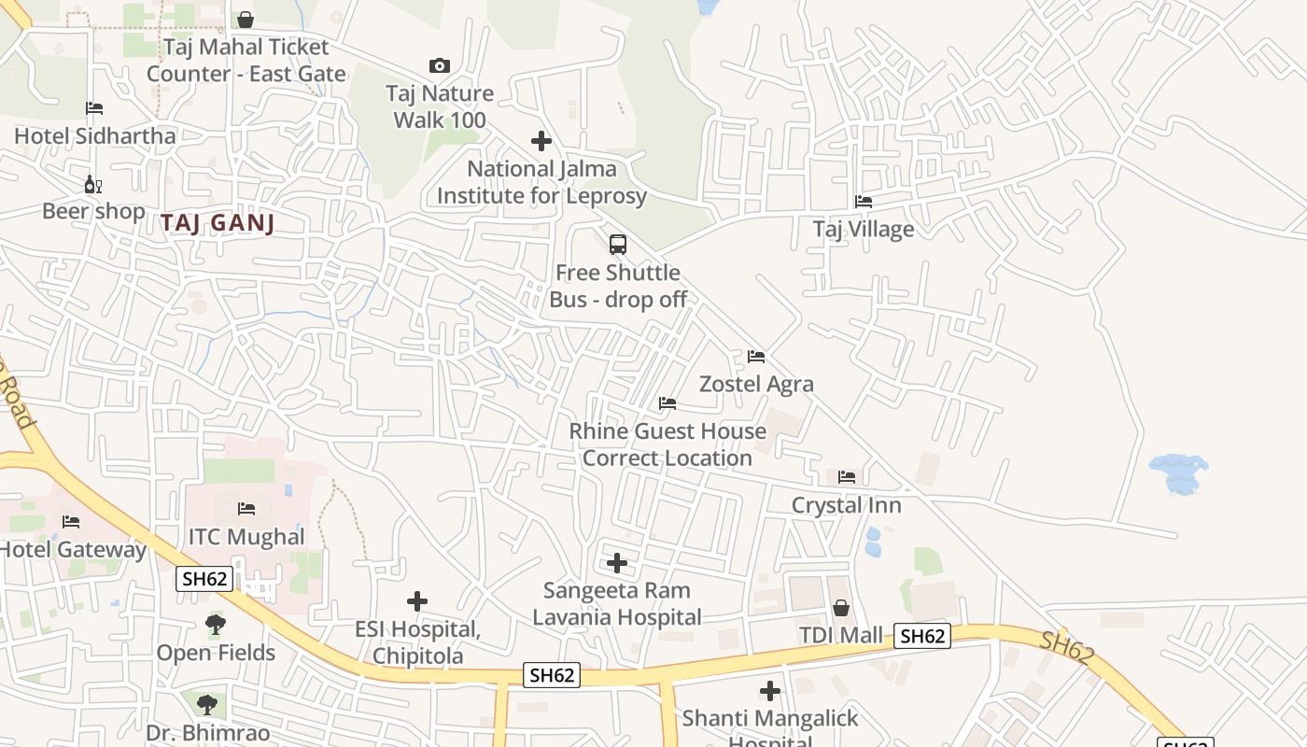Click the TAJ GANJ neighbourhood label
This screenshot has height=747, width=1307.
(x=218, y=223)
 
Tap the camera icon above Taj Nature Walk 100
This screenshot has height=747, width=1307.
(x=440, y=65)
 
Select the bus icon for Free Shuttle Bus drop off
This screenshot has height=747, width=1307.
(x=617, y=245)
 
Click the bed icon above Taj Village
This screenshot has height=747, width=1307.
(x=864, y=202)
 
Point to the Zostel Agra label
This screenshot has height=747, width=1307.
(x=756, y=384)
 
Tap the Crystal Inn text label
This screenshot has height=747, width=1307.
(x=846, y=505)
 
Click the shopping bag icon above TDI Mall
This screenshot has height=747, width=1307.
(x=840, y=609)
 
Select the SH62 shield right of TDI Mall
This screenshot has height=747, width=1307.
(x=922, y=636)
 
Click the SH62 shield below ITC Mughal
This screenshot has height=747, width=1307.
(x=204, y=579)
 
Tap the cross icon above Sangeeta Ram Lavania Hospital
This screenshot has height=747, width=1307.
(x=617, y=563)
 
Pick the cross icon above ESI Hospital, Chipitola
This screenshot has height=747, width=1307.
(x=417, y=601)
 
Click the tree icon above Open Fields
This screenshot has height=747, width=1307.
(x=216, y=625)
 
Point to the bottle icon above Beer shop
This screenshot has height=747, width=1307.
(x=92, y=184)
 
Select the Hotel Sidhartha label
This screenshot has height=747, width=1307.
(x=94, y=135)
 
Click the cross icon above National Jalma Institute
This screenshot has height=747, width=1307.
(x=541, y=141)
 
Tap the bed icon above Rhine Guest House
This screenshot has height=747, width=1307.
(x=668, y=403)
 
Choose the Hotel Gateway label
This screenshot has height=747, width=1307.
(x=73, y=549)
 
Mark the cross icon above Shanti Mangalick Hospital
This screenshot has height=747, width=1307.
(x=770, y=691)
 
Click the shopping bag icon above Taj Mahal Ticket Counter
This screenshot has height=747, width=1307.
(x=246, y=20)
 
